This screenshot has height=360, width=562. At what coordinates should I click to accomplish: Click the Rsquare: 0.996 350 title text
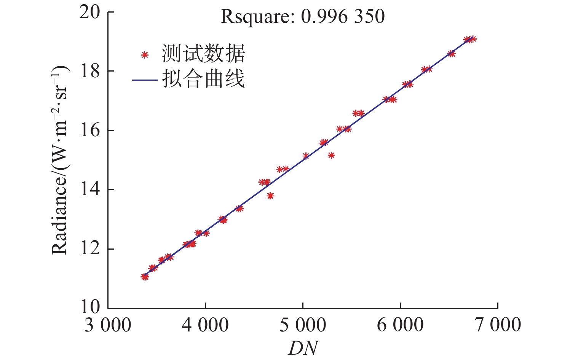tap(303, 17)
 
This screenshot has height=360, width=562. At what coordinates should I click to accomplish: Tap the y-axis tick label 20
tap(90, 12)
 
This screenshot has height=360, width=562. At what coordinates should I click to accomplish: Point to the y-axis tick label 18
tap(90, 71)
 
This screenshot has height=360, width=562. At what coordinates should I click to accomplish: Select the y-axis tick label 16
tap(90, 131)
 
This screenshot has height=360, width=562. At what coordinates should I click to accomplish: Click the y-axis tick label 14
tap(90, 190)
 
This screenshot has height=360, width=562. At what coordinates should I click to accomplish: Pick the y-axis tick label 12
tap(90, 249)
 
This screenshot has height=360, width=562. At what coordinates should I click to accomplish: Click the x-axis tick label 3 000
tap(108, 325)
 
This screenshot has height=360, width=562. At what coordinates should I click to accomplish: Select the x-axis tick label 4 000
tap(205, 325)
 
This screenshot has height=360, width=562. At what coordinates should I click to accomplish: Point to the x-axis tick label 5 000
tap(303, 325)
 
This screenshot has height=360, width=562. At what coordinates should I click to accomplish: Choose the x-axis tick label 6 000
tap(400, 325)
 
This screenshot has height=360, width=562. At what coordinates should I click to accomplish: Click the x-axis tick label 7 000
tap(498, 325)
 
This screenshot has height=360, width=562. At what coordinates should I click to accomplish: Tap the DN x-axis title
tap(303, 348)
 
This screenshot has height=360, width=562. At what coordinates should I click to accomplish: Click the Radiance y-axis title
tap(60, 160)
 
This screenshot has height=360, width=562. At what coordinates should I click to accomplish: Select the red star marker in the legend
tap(145, 55)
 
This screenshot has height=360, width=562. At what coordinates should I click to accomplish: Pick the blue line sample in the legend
tap(145, 80)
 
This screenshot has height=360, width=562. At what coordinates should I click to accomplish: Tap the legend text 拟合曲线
tap(203, 79)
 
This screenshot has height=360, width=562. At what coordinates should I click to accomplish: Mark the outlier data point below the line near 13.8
tap(270, 196)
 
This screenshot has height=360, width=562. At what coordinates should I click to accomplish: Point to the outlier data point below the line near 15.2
tap(331, 155)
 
